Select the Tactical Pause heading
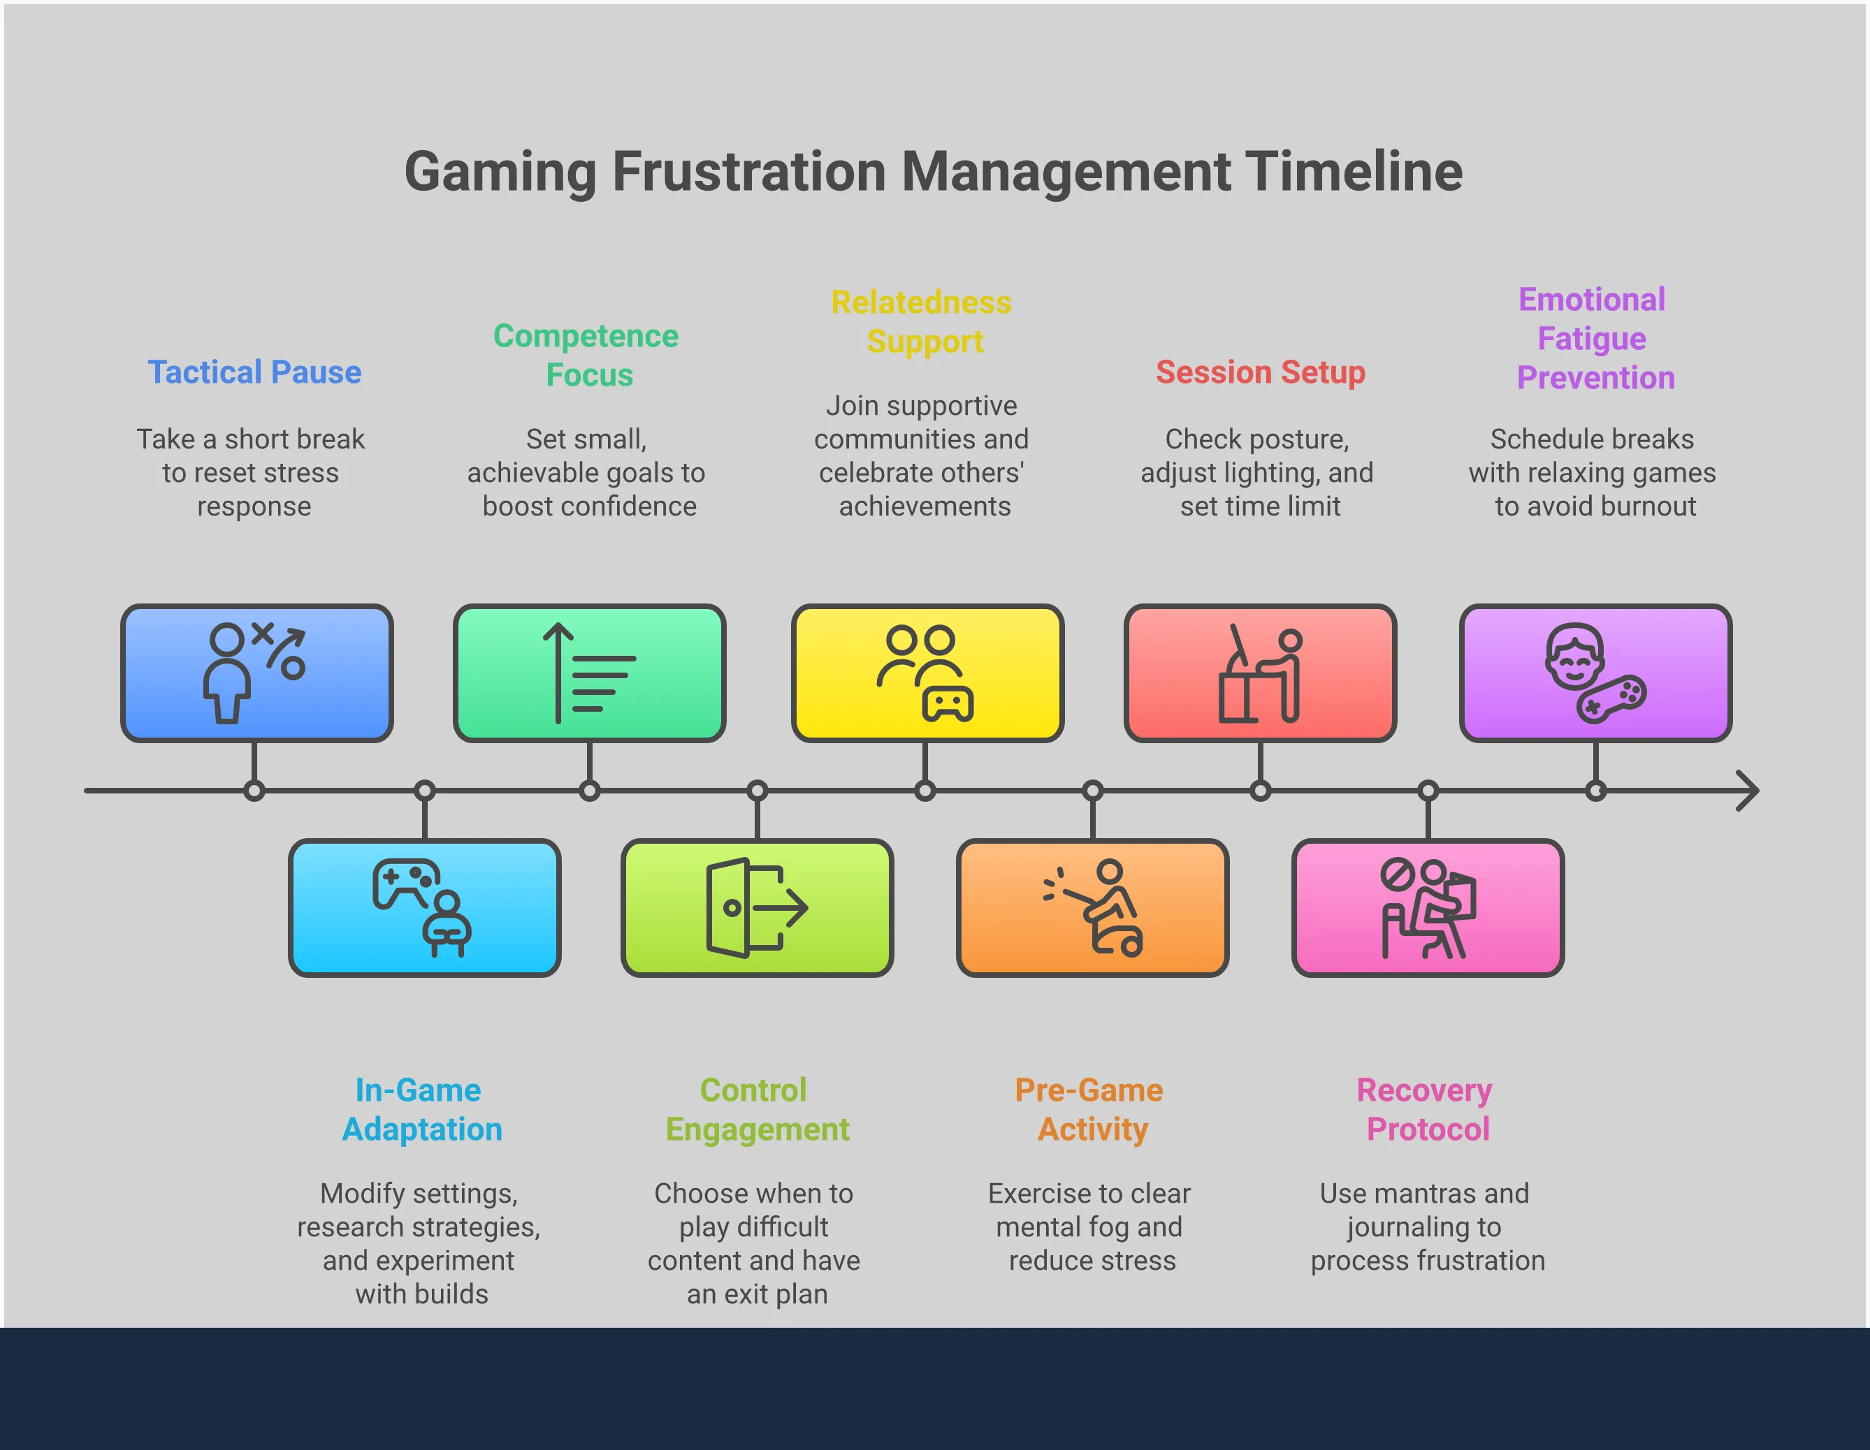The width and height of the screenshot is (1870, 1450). pos(254,372)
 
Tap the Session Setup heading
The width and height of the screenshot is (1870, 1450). pos(1261,372)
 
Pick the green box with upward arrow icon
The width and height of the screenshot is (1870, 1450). pos(589,673)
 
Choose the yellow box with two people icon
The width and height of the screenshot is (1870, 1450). pos(927,673)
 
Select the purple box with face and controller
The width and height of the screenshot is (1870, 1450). pos(1596,673)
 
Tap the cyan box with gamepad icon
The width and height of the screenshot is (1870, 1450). pos(425,907)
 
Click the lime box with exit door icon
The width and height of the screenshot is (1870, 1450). pos(757,907)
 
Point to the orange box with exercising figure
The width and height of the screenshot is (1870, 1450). pos(1092,907)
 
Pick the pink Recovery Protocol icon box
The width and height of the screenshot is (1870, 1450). pos(1428,907)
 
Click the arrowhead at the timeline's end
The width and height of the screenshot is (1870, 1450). pos(1757,791)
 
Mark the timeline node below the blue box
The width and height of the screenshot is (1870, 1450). pos(254,791)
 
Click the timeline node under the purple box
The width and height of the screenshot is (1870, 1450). pos(1596,791)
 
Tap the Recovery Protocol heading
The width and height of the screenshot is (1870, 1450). pos(1426,1109)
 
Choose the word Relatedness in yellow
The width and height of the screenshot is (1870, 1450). pos(921,302)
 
